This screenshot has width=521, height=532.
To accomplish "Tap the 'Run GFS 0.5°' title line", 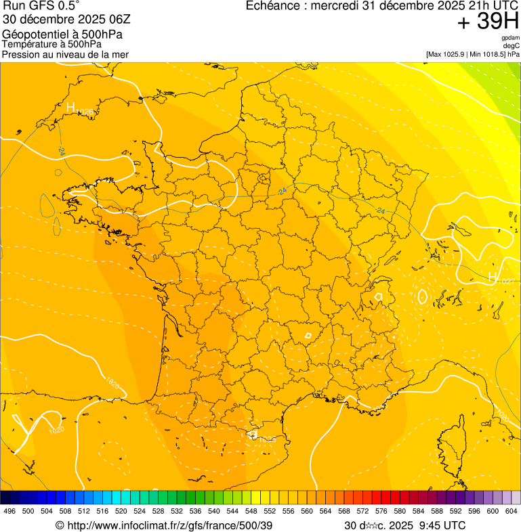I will [x=41, y=7].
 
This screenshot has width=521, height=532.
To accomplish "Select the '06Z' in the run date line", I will [x=110, y=20].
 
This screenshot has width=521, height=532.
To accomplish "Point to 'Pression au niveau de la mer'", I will [x=65, y=54].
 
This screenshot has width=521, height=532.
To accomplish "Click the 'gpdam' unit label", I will [x=511, y=38].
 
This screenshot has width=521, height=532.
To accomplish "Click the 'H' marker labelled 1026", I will [x=70, y=106].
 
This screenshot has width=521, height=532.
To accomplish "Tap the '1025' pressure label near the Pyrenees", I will [x=268, y=440].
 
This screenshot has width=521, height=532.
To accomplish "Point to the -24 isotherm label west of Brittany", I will [x=62, y=150].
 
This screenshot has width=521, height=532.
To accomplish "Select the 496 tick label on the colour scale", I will [x=9, y=512].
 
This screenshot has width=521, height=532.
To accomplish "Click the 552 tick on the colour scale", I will [x=270, y=512].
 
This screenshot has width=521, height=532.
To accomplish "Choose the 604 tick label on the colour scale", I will [x=512, y=512].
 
